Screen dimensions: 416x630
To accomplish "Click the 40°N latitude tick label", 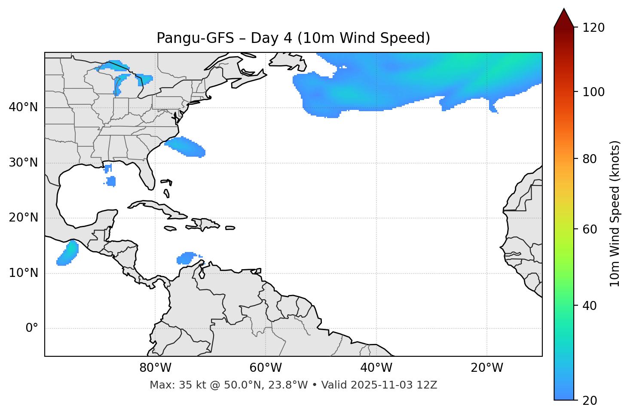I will pos(23,107).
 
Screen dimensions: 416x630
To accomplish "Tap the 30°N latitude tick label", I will pos(23,163).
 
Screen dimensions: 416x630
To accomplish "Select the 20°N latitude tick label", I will pos(23,218).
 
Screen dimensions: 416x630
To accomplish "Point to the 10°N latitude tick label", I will pos(23,273).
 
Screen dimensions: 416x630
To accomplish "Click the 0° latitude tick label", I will pos(31,328).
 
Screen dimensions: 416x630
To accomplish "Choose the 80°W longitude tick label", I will pos(155,368).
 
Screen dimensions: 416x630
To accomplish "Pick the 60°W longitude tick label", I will pos(266,368).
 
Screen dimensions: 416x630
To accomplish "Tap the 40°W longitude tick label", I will pos(376,368).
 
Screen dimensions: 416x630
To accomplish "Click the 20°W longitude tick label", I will pos(487,368).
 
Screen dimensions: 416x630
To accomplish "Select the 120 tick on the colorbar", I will pos(593,27).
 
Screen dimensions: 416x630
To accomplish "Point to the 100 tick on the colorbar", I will pos(593,92).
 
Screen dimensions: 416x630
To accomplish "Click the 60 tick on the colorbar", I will pos(590,229).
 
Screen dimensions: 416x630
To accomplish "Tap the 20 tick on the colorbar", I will pos(590,401).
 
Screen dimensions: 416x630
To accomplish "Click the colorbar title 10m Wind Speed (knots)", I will pos(615,213).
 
